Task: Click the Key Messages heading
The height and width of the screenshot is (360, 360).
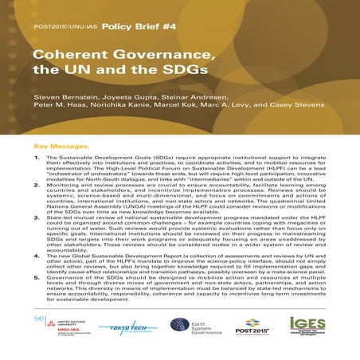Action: point(64,147)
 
